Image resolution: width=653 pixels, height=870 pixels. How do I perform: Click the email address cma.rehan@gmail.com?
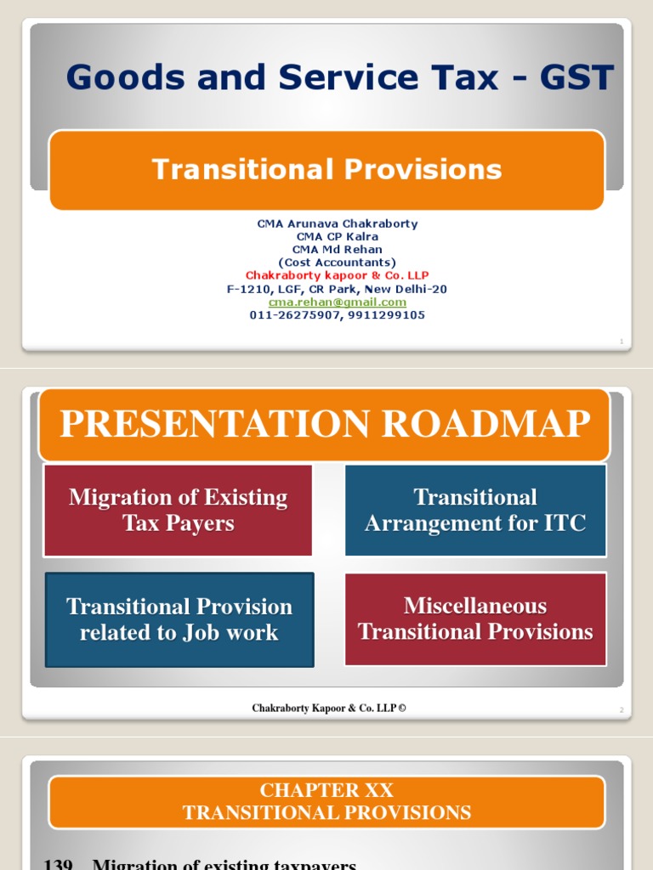point(338,302)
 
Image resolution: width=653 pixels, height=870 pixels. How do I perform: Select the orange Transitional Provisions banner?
point(326,170)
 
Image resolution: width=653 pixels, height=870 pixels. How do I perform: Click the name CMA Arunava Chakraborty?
point(338,224)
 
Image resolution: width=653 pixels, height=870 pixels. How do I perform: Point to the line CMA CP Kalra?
point(338,237)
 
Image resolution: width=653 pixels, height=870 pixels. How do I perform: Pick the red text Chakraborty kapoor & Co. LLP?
point(338,276)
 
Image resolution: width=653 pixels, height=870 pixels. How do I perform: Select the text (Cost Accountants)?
point(338,263)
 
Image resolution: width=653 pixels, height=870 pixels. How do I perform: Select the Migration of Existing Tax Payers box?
point(178,510)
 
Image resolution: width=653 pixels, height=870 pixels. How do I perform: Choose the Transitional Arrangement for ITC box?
point(475,510)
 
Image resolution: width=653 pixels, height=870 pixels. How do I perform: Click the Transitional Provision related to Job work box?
point(179,619)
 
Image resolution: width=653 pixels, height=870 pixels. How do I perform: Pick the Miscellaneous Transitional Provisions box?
point(475,619)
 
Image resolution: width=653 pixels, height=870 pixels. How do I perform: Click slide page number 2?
point(622,710)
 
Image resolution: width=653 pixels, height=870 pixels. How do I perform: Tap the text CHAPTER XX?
point(326,791)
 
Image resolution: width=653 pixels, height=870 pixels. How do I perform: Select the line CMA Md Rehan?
point(338,250)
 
